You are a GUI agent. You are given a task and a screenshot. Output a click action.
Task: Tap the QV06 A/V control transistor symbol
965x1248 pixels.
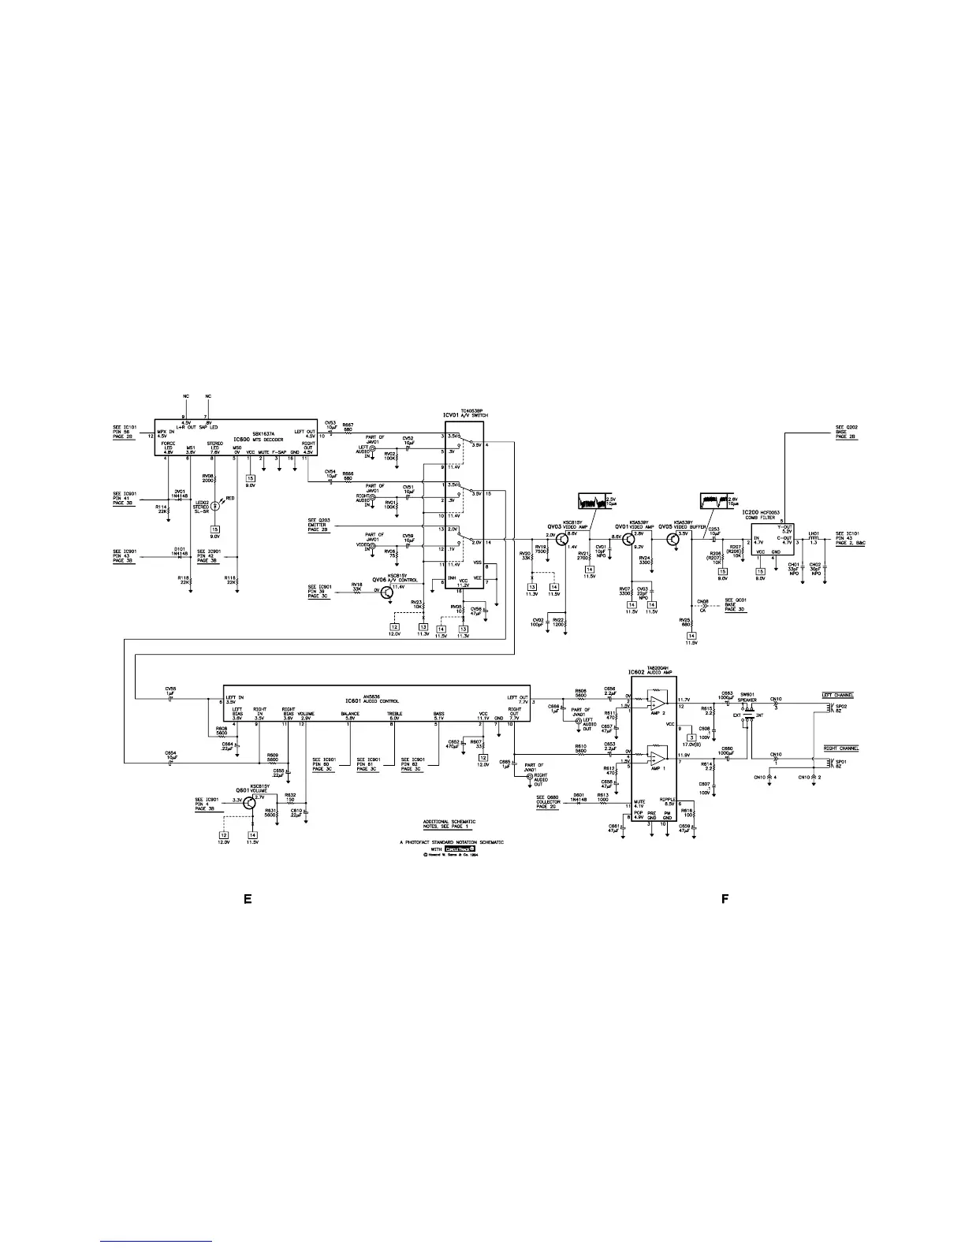[386, 591]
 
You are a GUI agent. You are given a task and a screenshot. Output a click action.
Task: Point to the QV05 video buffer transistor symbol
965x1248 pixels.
[673, 539]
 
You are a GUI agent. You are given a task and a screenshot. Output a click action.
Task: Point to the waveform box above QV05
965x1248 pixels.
[716, 501]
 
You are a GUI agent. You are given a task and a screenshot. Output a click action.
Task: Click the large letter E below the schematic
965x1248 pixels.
[247, 899]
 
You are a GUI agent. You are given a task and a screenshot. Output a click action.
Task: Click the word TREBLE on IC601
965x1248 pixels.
[394, 714]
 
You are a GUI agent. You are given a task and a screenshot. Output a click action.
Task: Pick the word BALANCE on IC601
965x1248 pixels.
[350, 714]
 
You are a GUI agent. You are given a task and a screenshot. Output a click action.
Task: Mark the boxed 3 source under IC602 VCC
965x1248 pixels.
[691, 737]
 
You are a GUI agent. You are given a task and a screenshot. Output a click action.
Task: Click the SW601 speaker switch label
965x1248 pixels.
[747, 696]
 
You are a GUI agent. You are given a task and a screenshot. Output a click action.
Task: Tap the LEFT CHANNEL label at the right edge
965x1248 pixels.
[838, 695]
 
